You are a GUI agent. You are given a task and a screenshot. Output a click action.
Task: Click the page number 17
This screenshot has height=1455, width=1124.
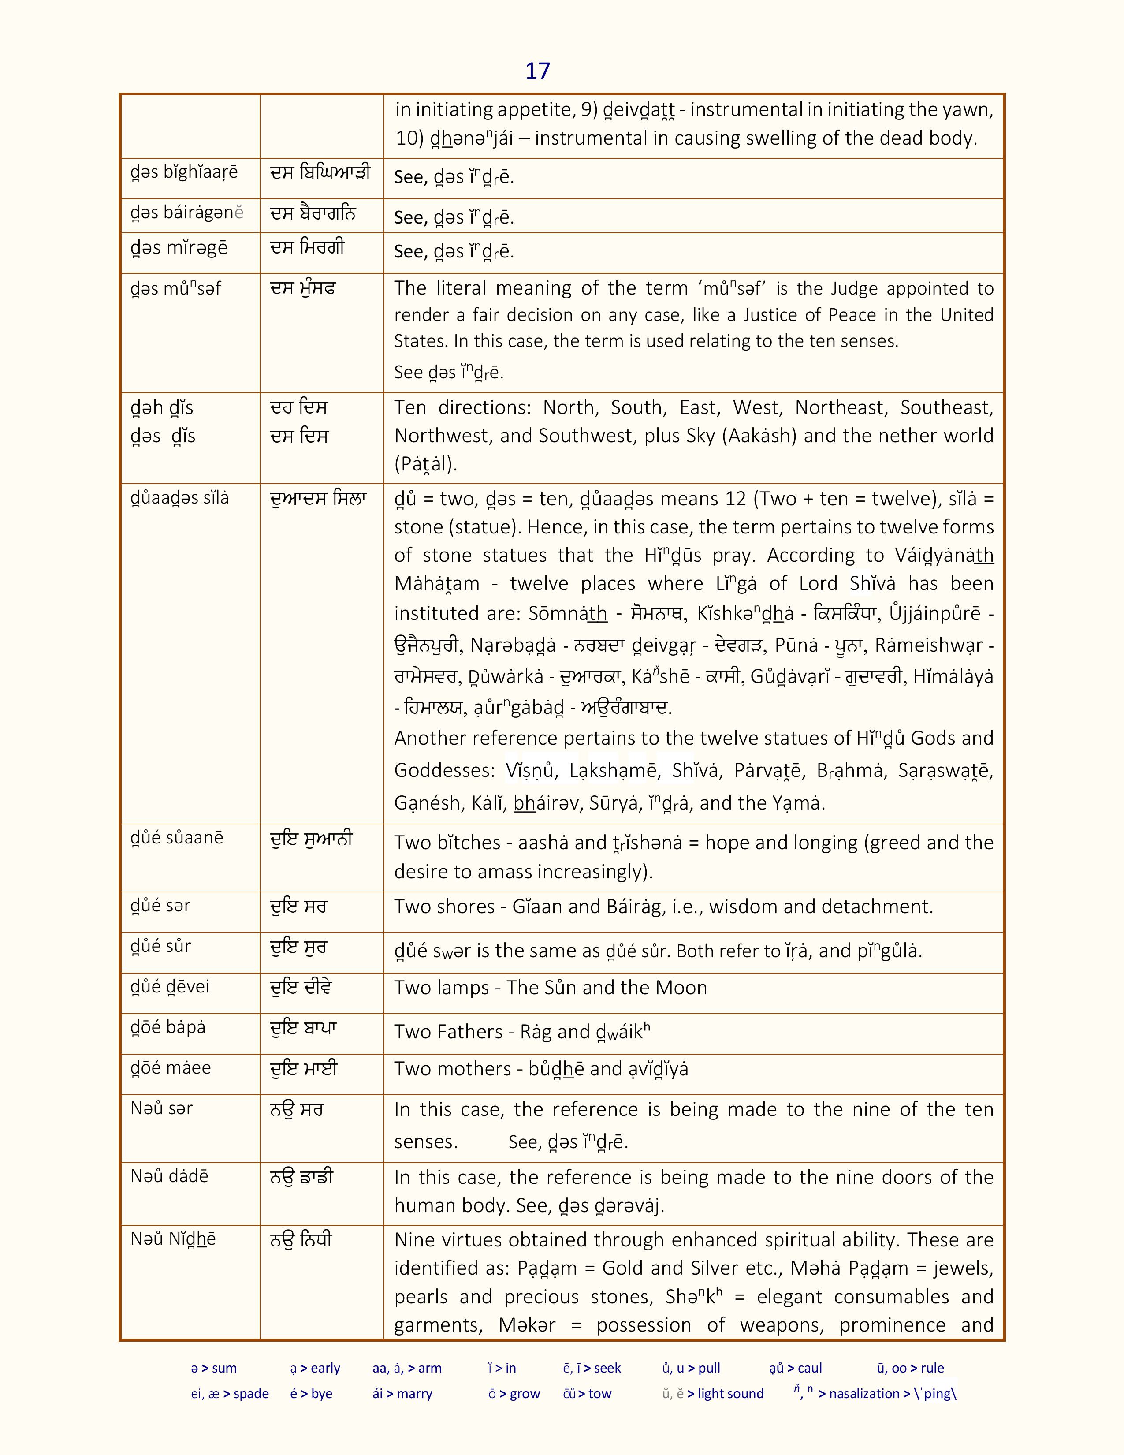[x=537, y=71]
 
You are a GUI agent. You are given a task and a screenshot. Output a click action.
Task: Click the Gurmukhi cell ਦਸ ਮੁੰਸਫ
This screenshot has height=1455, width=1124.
[x=303, y=288]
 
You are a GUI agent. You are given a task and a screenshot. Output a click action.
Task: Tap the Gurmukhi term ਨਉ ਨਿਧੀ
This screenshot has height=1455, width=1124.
[x=301, y=1240]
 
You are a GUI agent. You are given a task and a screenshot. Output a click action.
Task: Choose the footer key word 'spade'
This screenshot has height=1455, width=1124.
[x=251, y=1394]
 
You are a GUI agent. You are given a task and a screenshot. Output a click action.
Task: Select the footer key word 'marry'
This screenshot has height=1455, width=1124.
[x=414, y=1394]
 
